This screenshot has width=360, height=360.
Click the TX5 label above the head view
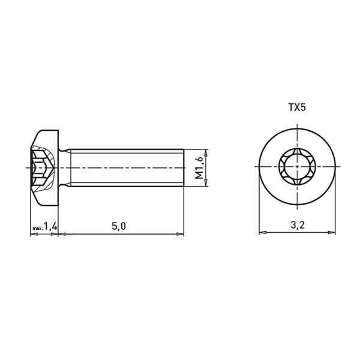click(297, 107)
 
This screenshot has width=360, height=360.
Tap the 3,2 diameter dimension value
click(298, 225)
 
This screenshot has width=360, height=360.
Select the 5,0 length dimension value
click(119, 226)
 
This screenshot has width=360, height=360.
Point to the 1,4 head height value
click(50, 226)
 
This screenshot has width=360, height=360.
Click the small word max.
click(38, 229)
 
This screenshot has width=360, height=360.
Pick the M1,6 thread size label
click(199, 167)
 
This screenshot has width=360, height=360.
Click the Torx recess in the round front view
click(298, 167)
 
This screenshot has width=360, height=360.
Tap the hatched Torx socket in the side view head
click(43, 168)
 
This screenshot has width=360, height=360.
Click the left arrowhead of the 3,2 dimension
click(263, 232)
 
